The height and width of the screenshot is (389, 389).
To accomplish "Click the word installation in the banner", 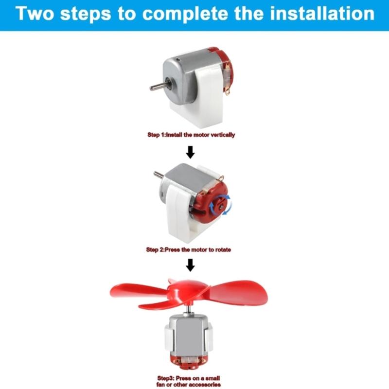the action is pos(322,14).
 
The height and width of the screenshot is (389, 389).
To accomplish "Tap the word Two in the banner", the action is pos(35,14).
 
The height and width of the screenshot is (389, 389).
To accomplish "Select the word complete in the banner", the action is pos(185,15).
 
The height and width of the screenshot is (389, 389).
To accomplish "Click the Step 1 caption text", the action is pos(191,135).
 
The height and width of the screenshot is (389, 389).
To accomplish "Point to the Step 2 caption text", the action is pos(189,249).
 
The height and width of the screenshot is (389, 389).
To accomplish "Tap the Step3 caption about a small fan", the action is pos(189,381).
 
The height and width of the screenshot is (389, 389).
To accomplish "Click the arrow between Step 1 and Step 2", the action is pos(190,152).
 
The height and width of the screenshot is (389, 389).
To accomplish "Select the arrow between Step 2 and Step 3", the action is pos(190,265).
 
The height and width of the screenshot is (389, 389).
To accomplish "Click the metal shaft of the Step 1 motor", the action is pos(159,86).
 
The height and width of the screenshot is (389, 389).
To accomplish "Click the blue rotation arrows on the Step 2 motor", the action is pos(220,205).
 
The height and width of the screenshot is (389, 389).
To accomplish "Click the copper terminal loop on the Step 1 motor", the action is pos(228,90).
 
